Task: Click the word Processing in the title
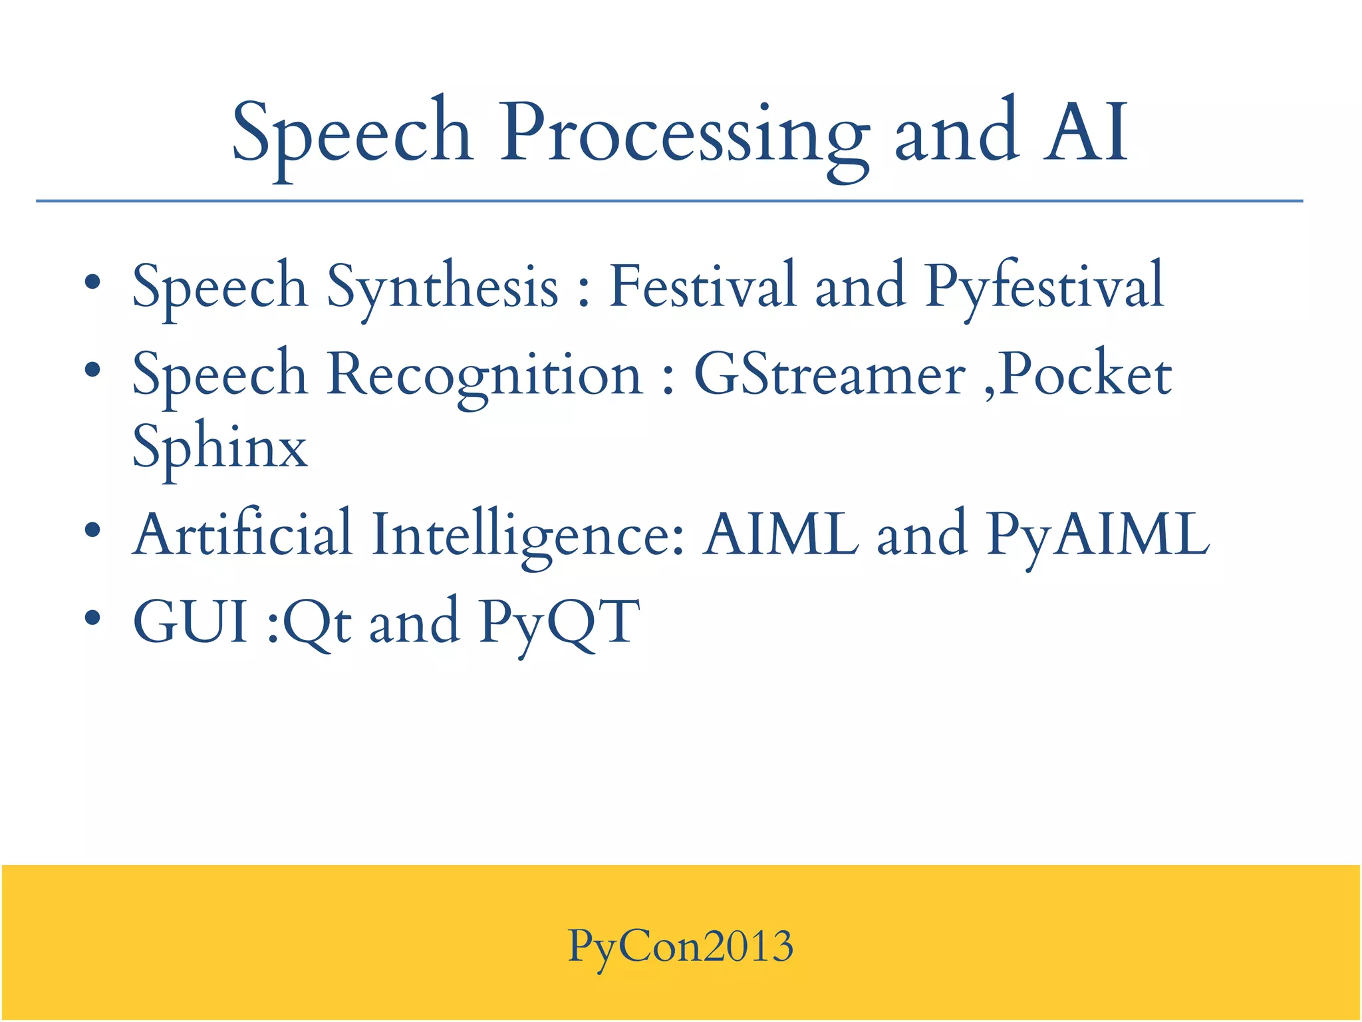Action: [684, 133]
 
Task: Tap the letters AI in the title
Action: [1085, 133]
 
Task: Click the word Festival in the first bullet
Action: [702, 286]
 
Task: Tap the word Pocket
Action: [1085, 375]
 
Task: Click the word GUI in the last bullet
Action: [191, 622]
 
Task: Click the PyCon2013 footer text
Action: [680, 946]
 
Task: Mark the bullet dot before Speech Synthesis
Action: [92, 282]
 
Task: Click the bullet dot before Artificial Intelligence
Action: [92, 530]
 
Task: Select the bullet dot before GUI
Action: [92, 617]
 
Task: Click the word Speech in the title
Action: [352, 133]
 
